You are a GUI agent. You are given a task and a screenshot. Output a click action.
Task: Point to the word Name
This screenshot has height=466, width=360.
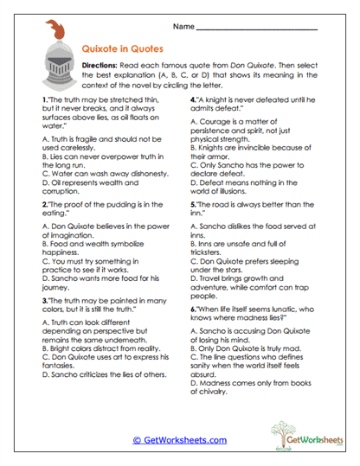point(183,26)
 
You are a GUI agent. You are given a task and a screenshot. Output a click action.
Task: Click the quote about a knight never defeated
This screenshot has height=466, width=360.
point(251,106)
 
